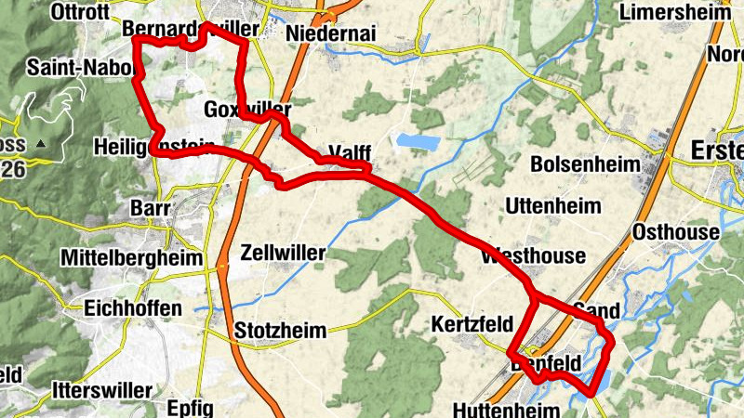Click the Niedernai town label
332,33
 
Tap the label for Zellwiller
283,253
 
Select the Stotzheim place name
281,331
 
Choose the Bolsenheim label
585,164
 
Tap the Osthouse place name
675,232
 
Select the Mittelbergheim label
130,257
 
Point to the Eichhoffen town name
130,307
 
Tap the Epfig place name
190,408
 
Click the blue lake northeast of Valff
418,142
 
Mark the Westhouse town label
533,255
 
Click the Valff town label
350,153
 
